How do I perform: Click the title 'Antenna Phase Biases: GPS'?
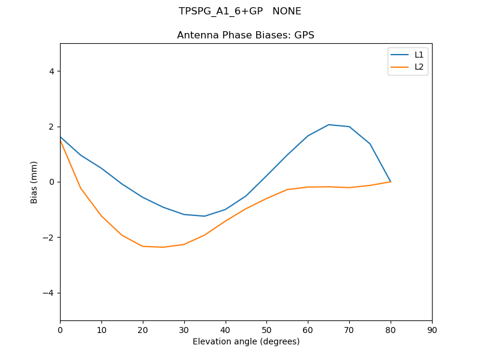pos(245,35)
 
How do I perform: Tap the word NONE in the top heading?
pos(287,11)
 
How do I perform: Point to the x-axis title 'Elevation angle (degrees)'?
pos(246,341)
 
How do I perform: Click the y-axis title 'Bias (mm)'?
pos(35,182)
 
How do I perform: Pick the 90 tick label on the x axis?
pos(432,330)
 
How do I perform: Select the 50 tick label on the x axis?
pos(266,330)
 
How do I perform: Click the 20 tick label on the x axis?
pos(143,330)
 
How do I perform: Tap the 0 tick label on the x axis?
pos(60,330)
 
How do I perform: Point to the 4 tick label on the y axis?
pos(52,71)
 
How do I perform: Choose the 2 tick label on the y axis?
pos(52,127)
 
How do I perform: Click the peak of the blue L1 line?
pos(329,125)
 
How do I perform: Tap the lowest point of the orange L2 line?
pos(163,247)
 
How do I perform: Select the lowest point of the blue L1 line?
pos(205,216)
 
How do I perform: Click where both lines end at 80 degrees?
pos(391,182)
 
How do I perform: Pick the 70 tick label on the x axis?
pos(349,330)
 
